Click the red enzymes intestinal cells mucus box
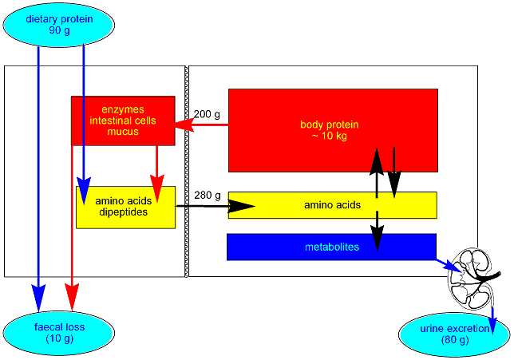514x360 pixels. (x=123, y=121)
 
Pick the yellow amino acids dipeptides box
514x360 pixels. (x=125, y=207)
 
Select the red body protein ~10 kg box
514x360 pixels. (x=332, y=130)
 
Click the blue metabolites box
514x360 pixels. (x=331, y=247)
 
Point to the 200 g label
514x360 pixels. (x=207, y=114)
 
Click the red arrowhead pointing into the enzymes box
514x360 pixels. (x=188, y=125)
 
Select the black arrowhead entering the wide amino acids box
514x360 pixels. (x=243, y=206)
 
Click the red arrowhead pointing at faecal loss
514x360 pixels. (x=73, y=299)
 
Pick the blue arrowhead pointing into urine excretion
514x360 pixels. (x=492, y=324)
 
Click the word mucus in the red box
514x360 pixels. (x=123, y=132)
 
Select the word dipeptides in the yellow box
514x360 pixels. (x=125, y=212)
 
